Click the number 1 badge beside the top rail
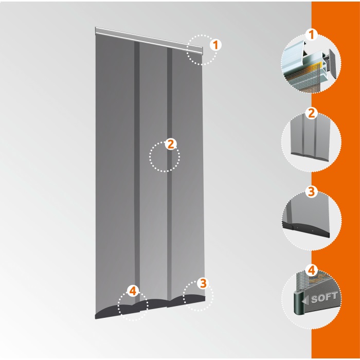(215, 45)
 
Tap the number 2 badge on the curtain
(171, 145)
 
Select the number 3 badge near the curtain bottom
(203, 283)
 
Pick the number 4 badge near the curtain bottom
(133, 291)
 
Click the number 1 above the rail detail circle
(311, 35)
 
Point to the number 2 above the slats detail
(311, 113)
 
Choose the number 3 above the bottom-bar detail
(311, 191)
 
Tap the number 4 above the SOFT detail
(311, 270)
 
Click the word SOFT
(324, 298)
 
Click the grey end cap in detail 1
(333, 63)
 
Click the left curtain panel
(115, 172)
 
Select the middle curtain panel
(154, 172)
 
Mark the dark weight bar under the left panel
(118, 311)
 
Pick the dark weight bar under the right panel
(186, 300)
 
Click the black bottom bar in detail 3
(306, 229)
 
